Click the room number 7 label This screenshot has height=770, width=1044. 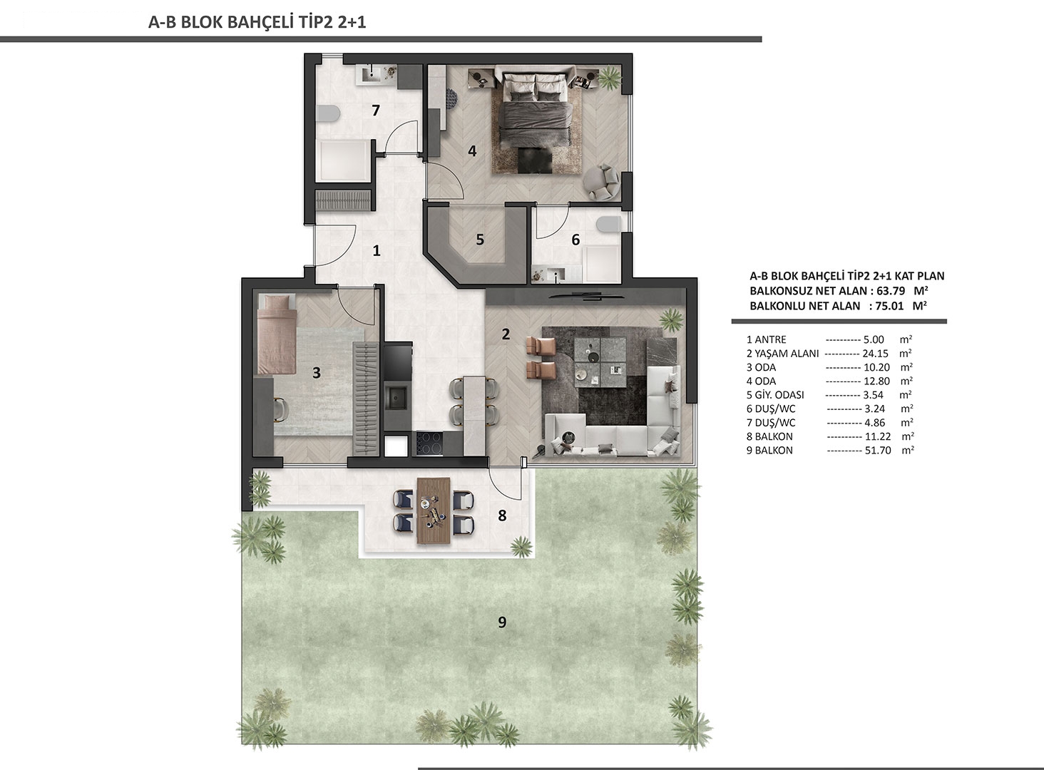click(x=376, y=111)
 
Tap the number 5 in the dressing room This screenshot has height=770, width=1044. click(x=480, y=240)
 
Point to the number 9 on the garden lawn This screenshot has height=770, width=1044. click(x=502, y=622)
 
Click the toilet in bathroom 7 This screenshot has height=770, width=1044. click(x=327, y=113)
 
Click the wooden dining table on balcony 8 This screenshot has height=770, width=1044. click(x=434, y=510)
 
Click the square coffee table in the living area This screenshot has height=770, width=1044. click(x=600, y=361)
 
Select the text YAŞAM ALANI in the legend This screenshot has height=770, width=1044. click(x=787, y=354)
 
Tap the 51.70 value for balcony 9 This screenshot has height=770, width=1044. click(x=878, y=451)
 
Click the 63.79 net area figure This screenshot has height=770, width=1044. click(x=891, y=291)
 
